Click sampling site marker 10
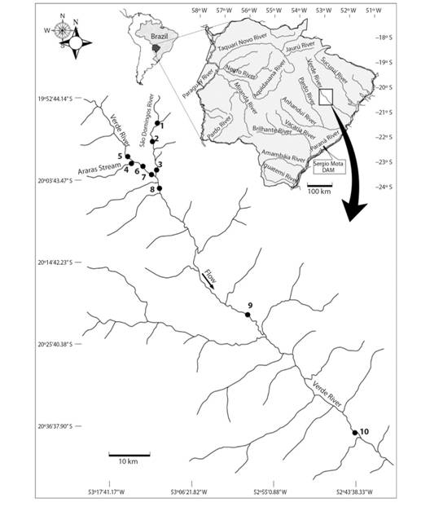[354, 432]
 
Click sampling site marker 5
[128, 156]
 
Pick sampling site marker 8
[160, 189]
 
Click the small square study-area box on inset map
[326, 97]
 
